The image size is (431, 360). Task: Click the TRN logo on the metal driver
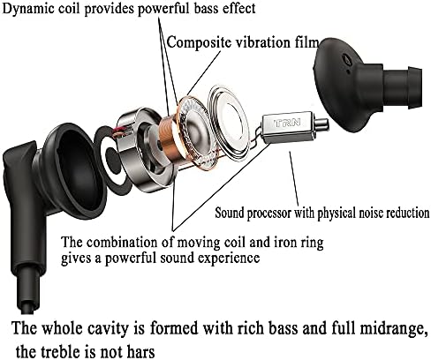pyautogui.click(x=287, y=123)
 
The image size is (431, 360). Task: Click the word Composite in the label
pyautogui.click(x=199, y=43)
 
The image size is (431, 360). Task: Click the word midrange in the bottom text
pyautogui.click(x=394, y=328)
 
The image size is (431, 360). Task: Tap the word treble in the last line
pyautogui.click(x=59, y=351)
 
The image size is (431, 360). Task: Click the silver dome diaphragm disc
pyautogui.click(x=229, y=121)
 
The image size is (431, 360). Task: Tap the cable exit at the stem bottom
pyautogui.click(x=30, y=307)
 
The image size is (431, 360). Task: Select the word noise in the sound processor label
pyautogui.click(x=371, y=213)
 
